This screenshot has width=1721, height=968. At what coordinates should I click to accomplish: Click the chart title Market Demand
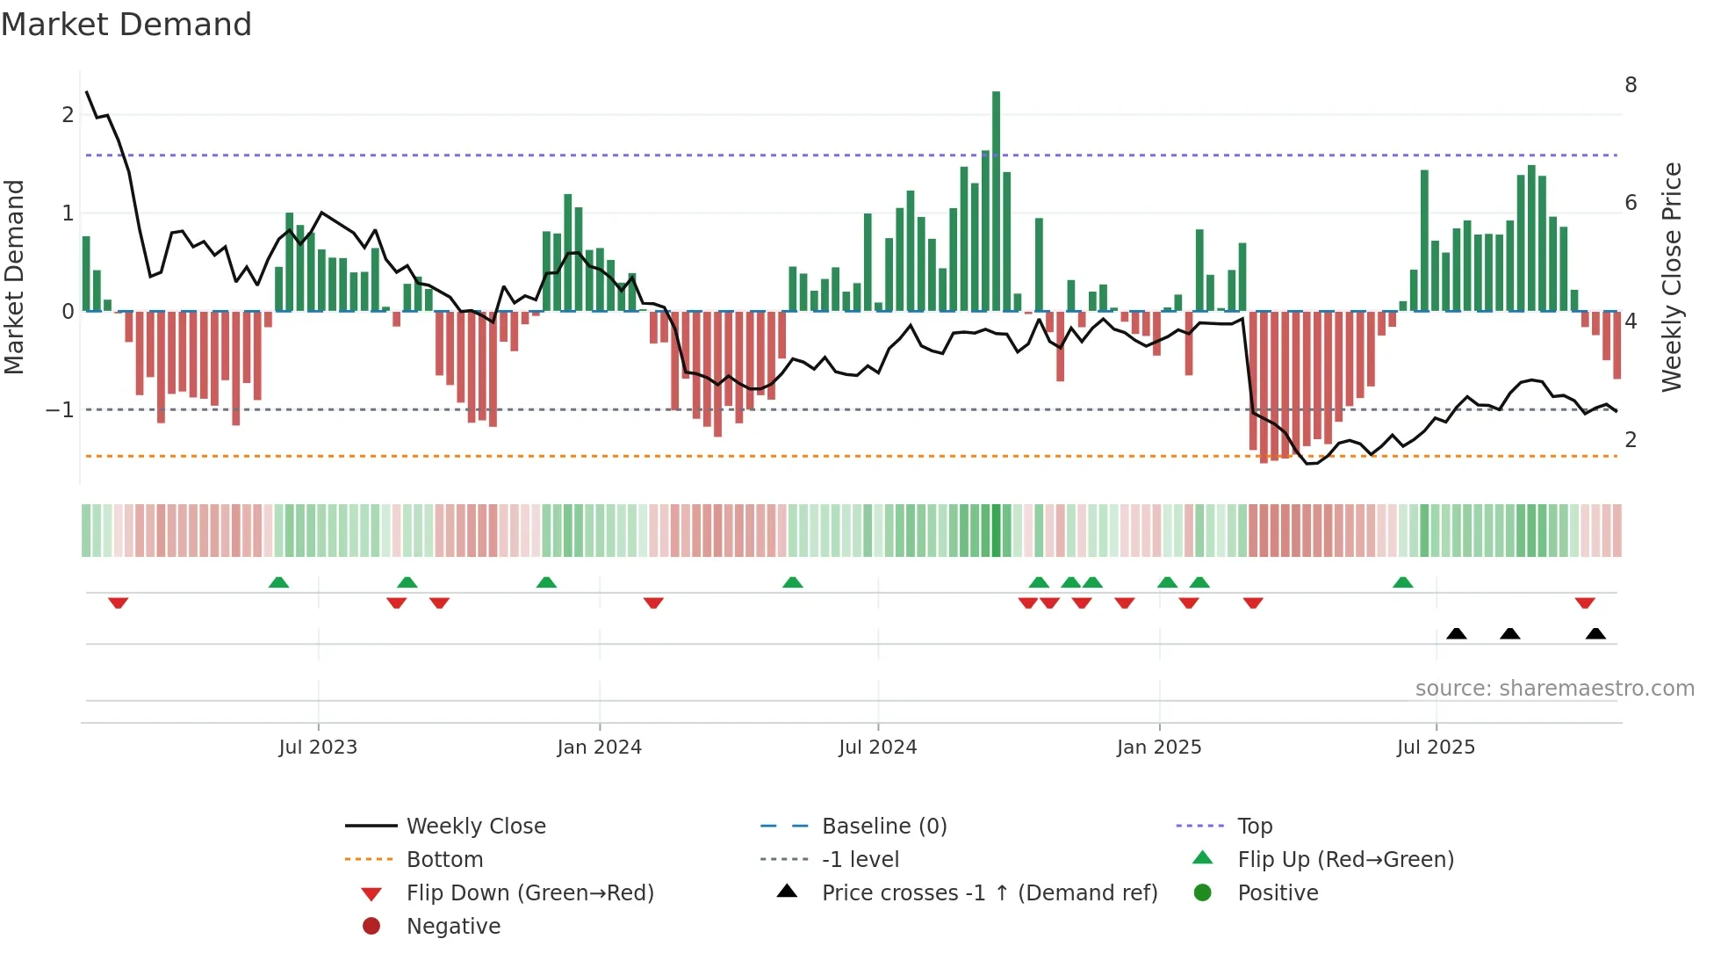(126, 25)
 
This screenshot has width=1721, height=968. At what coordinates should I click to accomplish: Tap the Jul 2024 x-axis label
(877, 748)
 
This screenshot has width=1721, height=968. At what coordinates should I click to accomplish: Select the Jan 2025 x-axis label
(1158, 748)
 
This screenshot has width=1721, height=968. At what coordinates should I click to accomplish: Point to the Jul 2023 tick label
(318, 748)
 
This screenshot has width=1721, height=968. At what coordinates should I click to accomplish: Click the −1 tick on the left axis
(60, 410)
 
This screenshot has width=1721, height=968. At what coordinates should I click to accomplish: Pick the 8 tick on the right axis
(1631, 85)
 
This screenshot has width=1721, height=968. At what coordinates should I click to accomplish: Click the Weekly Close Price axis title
(1671, 277)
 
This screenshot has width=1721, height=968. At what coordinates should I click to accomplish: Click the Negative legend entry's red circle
(371, 927)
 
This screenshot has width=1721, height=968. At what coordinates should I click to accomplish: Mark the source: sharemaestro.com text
(1554, 689)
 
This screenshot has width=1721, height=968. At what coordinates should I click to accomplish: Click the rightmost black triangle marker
(1595, 634)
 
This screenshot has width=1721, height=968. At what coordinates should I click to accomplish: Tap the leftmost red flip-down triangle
(119, 603)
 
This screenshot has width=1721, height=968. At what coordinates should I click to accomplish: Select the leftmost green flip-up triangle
(278, 582)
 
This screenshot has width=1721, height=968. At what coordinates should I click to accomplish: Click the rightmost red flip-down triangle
(1584, 603)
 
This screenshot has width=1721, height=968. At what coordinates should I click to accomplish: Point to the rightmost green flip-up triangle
(1402, 582)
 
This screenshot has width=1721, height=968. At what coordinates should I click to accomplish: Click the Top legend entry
(1254, 827)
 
